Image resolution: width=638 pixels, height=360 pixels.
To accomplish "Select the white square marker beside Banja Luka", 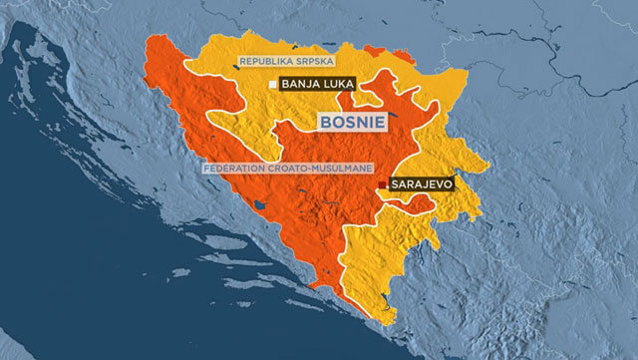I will (273, 86).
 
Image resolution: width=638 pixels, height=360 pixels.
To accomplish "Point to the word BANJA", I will (301, 86).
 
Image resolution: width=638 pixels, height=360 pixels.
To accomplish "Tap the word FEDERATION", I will (236, 168).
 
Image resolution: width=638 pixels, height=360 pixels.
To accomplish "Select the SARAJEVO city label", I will (422, 185).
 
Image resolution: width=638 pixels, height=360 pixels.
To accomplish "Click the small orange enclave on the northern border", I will (375, 50).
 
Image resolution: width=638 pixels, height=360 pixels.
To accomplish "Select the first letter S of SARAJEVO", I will (397, 185).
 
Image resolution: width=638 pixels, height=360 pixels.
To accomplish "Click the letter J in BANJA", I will (310, 86).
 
